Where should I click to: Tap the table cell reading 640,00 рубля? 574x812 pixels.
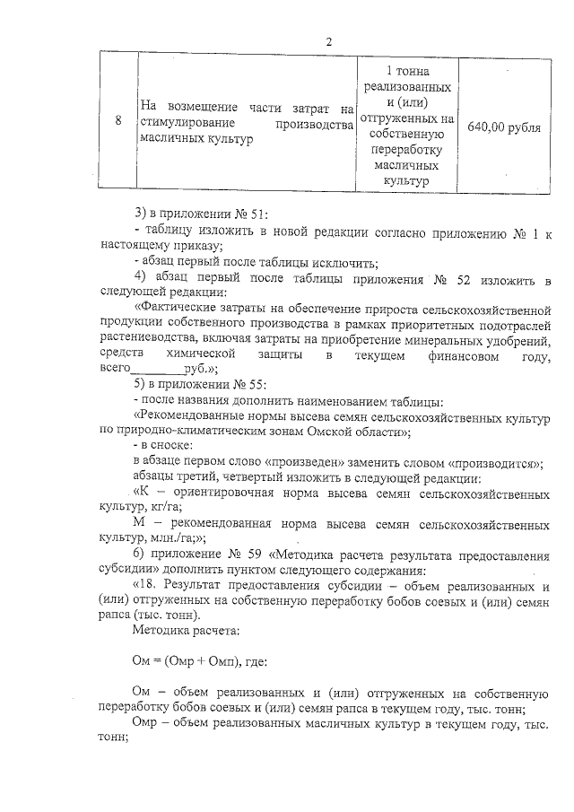[504, 127]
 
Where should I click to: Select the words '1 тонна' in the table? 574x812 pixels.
[407, 71]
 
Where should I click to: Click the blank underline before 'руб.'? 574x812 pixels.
[157, 372]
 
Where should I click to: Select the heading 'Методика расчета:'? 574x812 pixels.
[179, 630]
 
